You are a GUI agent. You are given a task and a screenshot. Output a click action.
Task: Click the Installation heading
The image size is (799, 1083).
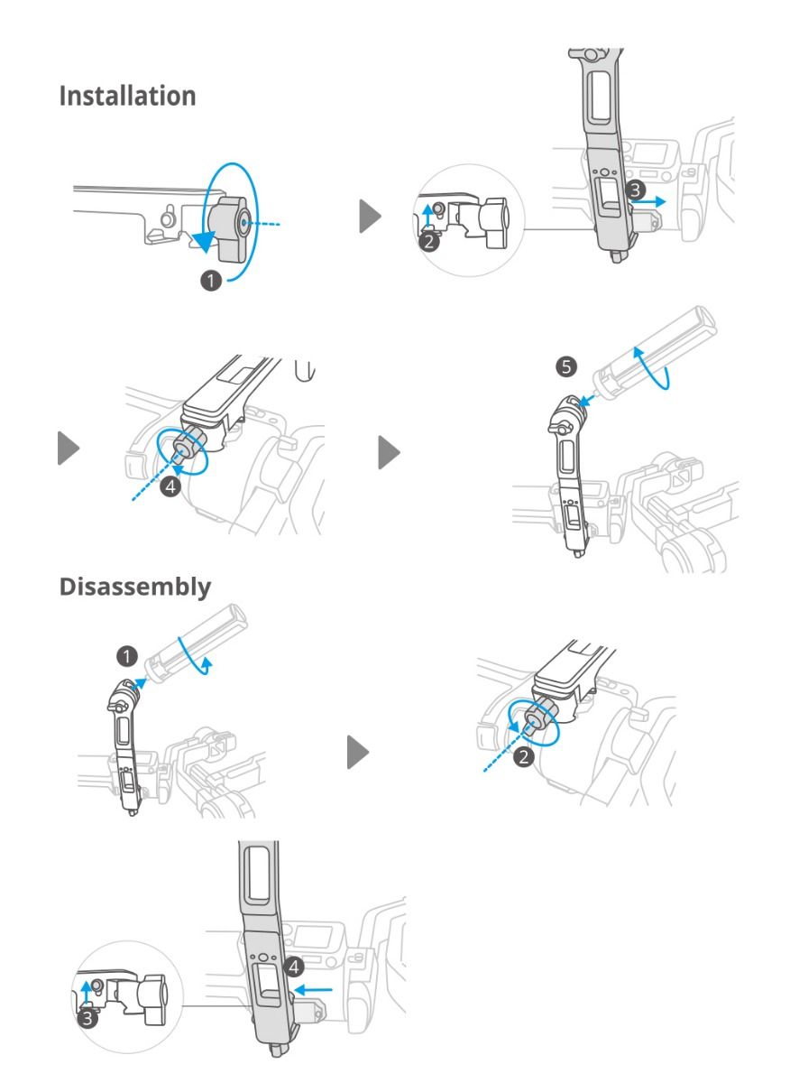pyautogui.click(x=127, y=96)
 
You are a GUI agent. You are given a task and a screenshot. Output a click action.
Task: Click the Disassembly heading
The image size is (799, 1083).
pyautogui.click(x=135, y=586)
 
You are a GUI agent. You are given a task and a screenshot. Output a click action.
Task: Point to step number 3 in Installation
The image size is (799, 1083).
pyautogui.click(x=636, y=190)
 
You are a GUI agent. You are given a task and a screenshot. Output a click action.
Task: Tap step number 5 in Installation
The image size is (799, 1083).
pyautogui.click(x=565, y=367)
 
